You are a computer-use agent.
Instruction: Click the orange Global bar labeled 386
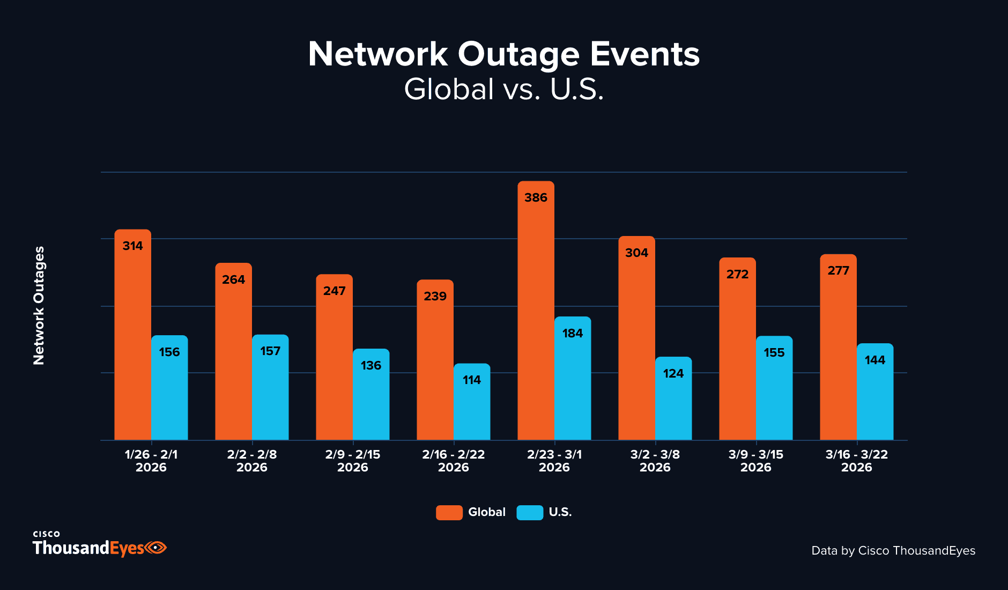(536, 311)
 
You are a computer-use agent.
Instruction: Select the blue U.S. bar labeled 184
(573, 379)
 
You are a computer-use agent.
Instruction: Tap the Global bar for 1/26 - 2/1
(132, 335)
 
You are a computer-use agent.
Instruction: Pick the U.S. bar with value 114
(472, 402)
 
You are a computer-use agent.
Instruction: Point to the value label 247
(334, 291)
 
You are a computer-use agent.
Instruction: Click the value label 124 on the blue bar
(673, 373)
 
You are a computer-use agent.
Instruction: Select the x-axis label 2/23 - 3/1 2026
(554, 461)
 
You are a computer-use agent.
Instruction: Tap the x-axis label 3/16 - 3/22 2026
(856, 461)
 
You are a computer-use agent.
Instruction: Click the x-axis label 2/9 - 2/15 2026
(353, 461)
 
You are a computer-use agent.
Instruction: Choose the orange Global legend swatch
(449, 512)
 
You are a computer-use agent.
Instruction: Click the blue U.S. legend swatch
(530, 512)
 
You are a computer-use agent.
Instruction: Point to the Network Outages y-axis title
(39, 306)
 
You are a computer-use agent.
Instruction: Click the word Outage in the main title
(518, 55)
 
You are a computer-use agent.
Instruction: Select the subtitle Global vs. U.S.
(504, 89)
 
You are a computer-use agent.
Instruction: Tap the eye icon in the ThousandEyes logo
(156, 548)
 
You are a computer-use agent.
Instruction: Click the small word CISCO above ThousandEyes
(46, 534)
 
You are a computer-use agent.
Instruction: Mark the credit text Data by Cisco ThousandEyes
(893, 551)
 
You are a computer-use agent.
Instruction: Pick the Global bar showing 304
(636, 338)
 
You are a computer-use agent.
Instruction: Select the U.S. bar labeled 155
(774, 388)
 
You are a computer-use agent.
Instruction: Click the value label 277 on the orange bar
(838, 270)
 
